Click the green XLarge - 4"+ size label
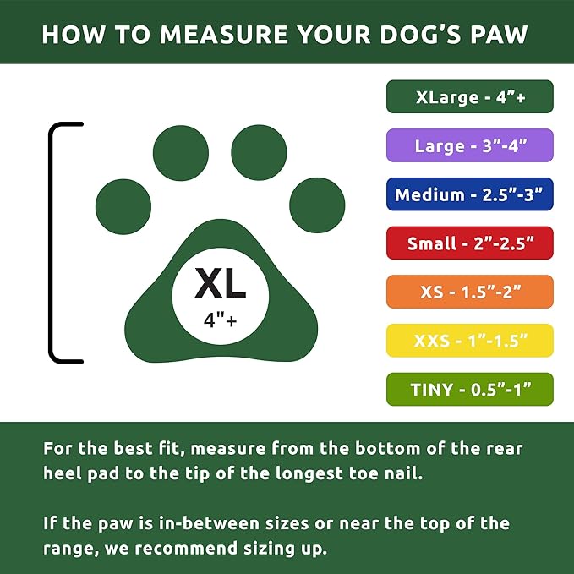coord(470,96)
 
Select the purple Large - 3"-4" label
coord(470,145)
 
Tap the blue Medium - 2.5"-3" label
coord(470,194)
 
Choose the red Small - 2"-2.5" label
coord(470,243)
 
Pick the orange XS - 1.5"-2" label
coord(470,292)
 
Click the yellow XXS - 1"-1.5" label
coord(470,341)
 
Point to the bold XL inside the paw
coord(221,285)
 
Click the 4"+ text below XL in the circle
coord(221,320)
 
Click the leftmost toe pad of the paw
coord(123,206)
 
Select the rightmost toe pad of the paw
coord(317,206)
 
